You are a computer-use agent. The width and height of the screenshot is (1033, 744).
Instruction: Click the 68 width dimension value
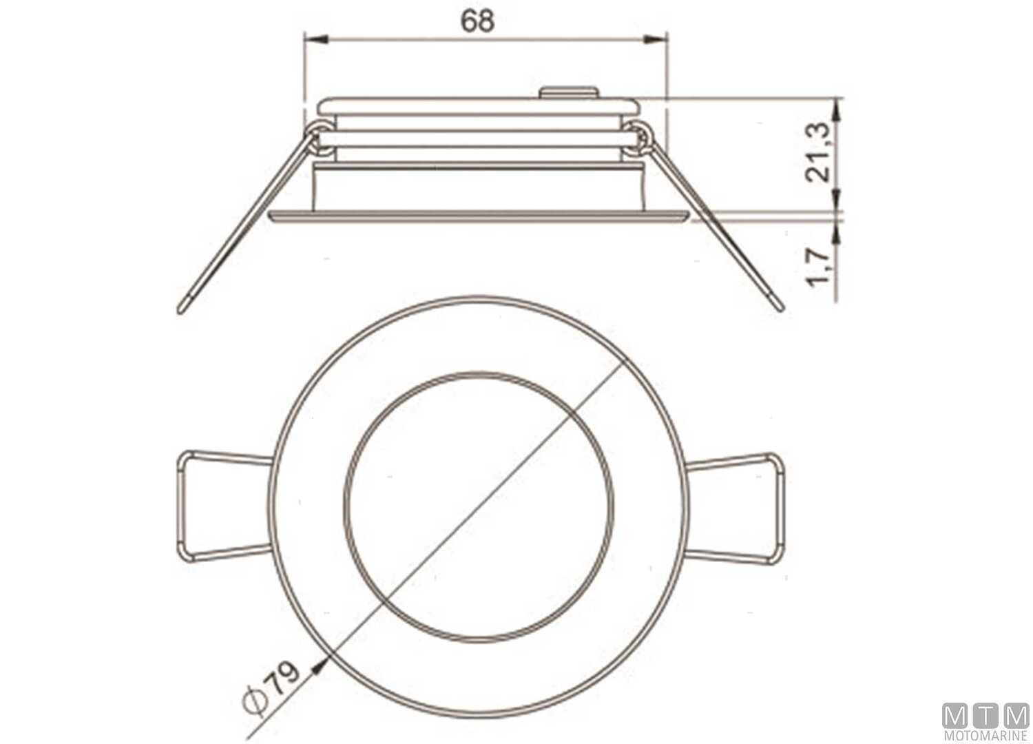(x=478, y=21)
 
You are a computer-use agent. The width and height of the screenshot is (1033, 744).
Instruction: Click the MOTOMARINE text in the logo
(x=985, y=736)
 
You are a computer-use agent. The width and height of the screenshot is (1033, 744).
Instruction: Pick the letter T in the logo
(x=985, y=716)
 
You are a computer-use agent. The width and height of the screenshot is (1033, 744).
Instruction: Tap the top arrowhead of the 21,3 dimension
(x=836, y=107)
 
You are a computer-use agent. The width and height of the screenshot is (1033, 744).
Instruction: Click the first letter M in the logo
(x=954, y=716)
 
